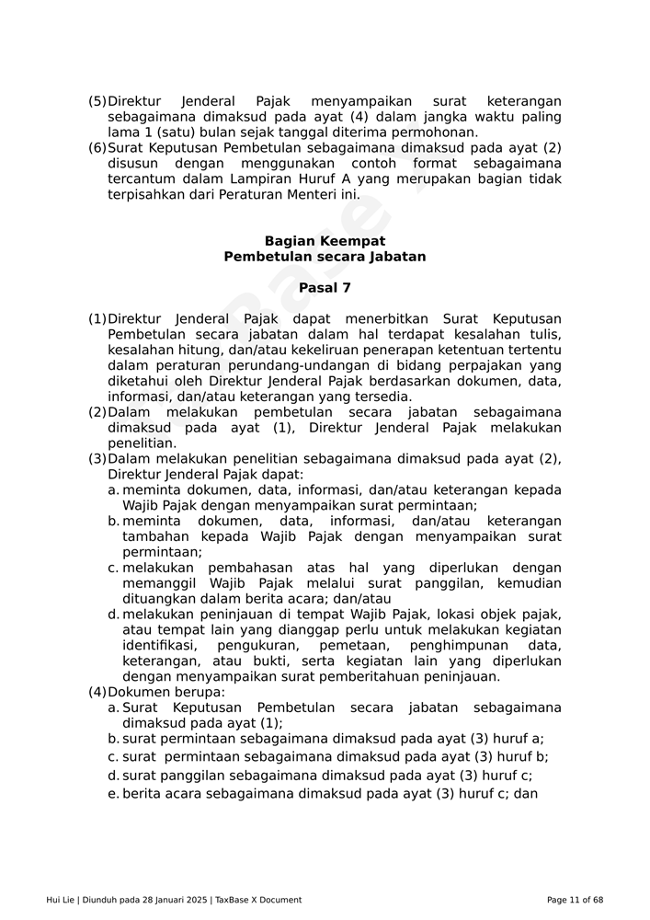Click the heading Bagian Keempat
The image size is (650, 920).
325,241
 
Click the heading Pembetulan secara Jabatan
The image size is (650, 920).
325,257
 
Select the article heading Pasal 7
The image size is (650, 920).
325,288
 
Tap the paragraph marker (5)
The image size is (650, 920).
97,101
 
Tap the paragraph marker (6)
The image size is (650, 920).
97,148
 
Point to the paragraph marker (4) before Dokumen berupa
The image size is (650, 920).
97,692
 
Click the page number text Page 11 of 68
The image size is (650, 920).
575,900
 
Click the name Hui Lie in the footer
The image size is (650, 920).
61,900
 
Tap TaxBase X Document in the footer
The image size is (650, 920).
258,900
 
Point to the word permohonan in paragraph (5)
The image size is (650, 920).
434,132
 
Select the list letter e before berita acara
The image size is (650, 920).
113,793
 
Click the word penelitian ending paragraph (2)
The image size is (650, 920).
142,443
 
